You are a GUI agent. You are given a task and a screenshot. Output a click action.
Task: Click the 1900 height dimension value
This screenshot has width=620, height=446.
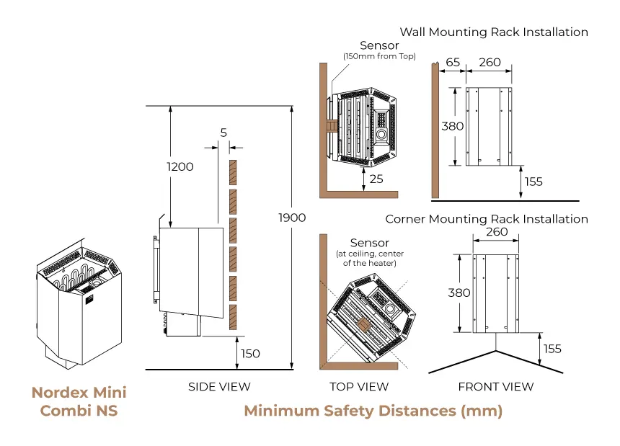(x=292, y=218)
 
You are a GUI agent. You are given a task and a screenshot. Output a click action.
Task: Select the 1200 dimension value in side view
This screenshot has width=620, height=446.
(x=180, y=166)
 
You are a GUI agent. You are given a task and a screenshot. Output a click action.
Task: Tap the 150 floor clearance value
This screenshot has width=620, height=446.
(x=250, y=354)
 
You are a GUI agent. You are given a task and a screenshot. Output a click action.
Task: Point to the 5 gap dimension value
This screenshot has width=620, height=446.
(x=223, y=133)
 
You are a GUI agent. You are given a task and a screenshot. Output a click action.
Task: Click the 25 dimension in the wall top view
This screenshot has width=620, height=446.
(x=376, y=179)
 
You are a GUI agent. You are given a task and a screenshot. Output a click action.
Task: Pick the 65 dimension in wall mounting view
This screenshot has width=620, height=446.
(x=453, y=63)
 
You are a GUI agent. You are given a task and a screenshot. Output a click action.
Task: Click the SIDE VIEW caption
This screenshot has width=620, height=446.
(x=219, y=387)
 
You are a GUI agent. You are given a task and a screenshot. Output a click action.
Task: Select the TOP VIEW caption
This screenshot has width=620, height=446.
(x=359, y=387)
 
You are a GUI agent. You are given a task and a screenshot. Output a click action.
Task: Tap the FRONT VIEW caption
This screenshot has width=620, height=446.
(x=496, y=387)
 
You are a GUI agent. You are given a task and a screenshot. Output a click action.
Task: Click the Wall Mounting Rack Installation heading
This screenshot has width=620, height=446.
(x=494, y=32)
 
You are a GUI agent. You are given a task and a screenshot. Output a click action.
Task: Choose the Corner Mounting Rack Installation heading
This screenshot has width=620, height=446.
(x=487, y=219)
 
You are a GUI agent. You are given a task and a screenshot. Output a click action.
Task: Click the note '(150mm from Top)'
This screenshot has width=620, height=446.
(x=378, y=57)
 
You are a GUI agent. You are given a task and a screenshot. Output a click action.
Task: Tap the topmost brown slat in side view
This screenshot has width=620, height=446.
(x=233, y=172)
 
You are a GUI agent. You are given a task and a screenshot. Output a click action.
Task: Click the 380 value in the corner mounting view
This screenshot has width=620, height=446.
(x=459, y=293)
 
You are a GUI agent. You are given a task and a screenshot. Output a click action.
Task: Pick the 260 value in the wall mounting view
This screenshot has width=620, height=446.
(x=490, y=63)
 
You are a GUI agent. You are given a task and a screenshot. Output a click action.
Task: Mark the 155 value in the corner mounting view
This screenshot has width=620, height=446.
(x=552, y=349)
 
